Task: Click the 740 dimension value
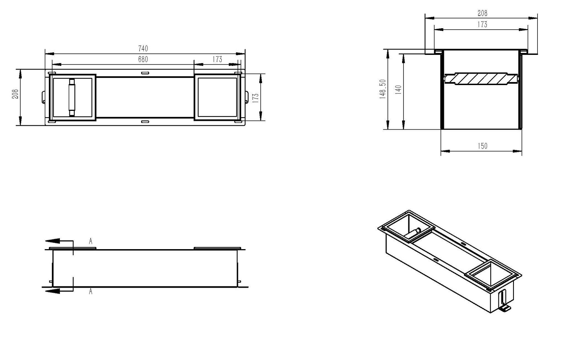[x=143, y=48]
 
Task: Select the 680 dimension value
[x=143, y=59]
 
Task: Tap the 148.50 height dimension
[x=383, y=89]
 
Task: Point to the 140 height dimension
[x=398, y=90]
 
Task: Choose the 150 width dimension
[x=482, y=146]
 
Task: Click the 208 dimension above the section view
[x=482, y=13]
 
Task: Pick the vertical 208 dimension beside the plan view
[x=16, y=94]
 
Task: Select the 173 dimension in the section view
[x=482, y=24]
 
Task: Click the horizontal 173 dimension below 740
[x=217, y=59]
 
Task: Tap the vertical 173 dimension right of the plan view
[x=256, y=98]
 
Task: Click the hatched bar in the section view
[x=481, y=78]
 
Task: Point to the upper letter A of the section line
[x=90, y=241]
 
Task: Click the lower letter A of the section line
[x=90, y=292]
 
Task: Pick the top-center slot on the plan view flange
[x=145, y=73]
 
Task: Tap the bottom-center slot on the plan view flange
[x=145, y=121]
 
